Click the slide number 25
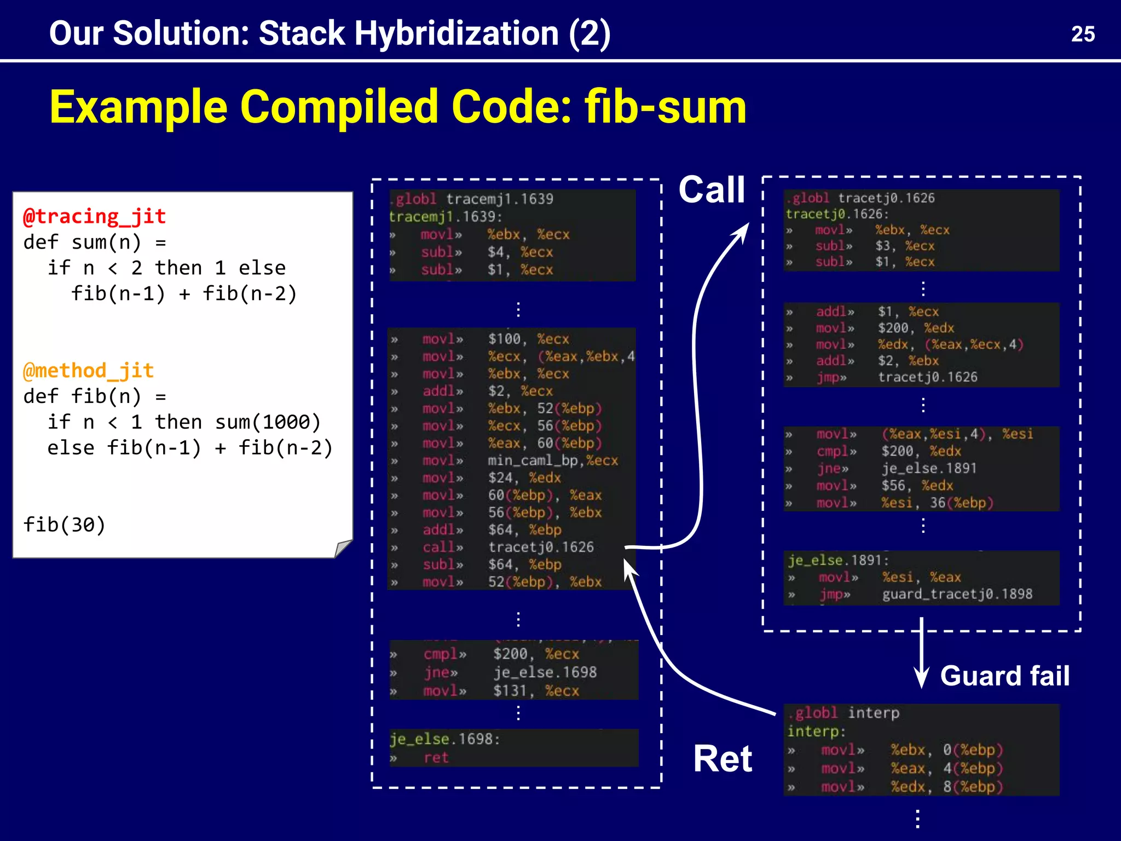click(1082, 34)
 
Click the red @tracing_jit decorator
click(94, 216)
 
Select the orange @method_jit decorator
click(88, 371)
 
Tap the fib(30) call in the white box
click(64, 525)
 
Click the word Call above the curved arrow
click(712, 190)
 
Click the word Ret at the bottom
click(723, 759)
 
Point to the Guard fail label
click(1004, 676)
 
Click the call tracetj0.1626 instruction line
click(507, 547)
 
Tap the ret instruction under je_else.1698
click(436, 758)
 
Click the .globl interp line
click(843, 713)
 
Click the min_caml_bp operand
click(528, 460)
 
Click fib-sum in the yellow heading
click(665, 107)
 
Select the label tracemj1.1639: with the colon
click(445, 217)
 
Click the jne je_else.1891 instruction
click(898, 469)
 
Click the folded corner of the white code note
click(343, 548)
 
